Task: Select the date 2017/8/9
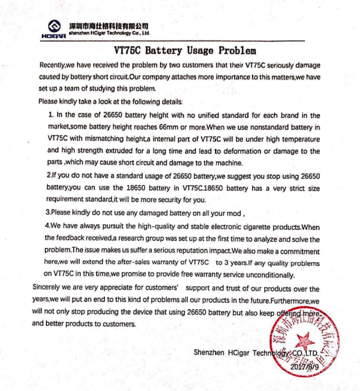[x=304, y=367]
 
